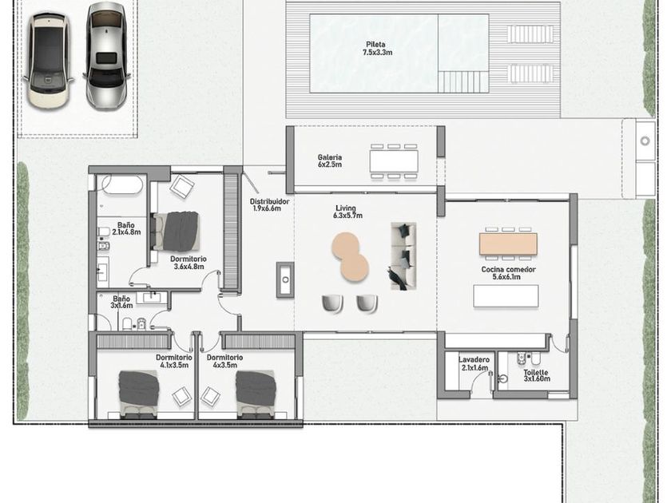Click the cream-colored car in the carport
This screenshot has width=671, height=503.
tap(48, 60)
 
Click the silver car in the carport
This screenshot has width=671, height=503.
tap(106, 56)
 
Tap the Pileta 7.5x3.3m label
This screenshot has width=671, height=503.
tap(375, 49)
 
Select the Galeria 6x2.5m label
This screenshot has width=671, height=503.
tap(329, 160)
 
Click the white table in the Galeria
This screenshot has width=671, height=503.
tap(394, 160)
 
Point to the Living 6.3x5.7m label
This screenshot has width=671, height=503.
tap(347, 212)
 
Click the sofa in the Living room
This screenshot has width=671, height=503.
tap(403, 255)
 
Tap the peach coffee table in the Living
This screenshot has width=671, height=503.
tap(350, 256)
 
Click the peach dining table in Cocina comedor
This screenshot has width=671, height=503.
tap(508, 244)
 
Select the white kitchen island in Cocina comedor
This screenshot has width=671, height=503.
tap(506, 296)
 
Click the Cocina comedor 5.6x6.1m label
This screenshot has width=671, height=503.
tap(508, 273)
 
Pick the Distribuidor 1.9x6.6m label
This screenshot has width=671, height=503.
tap(269, 205)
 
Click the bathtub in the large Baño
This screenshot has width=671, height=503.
tap(121, 184)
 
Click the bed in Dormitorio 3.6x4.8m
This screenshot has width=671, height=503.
tap(177, 232)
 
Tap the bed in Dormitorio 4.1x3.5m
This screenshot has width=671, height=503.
tap(139, 394)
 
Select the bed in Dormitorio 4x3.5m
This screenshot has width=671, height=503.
tap(256, 394)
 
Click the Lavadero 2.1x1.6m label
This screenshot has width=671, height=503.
tap(474, 363)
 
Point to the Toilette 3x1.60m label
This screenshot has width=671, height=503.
tap(537, 375)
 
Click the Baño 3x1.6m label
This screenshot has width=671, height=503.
tap(122, 302)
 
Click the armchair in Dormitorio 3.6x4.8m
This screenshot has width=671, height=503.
tap(182, 187)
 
